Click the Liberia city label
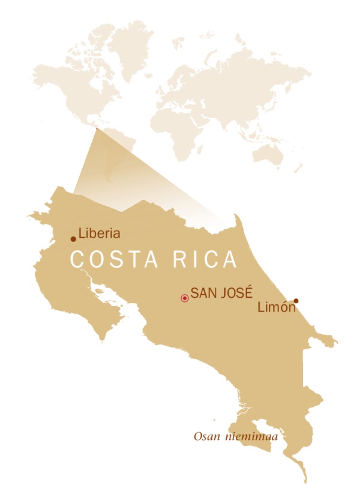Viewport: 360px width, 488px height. click(x=100, y=233)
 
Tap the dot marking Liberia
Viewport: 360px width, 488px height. click(x=73, y=239)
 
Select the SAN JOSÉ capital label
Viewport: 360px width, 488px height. click(x=217, y=294)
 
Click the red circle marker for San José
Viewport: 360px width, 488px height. click(x=185, y=298)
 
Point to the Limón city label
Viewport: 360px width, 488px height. click(x=276, y=307)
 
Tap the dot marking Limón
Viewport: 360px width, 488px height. click(x=296, y=301)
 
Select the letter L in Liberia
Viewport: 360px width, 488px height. click(x=82, y=233)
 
